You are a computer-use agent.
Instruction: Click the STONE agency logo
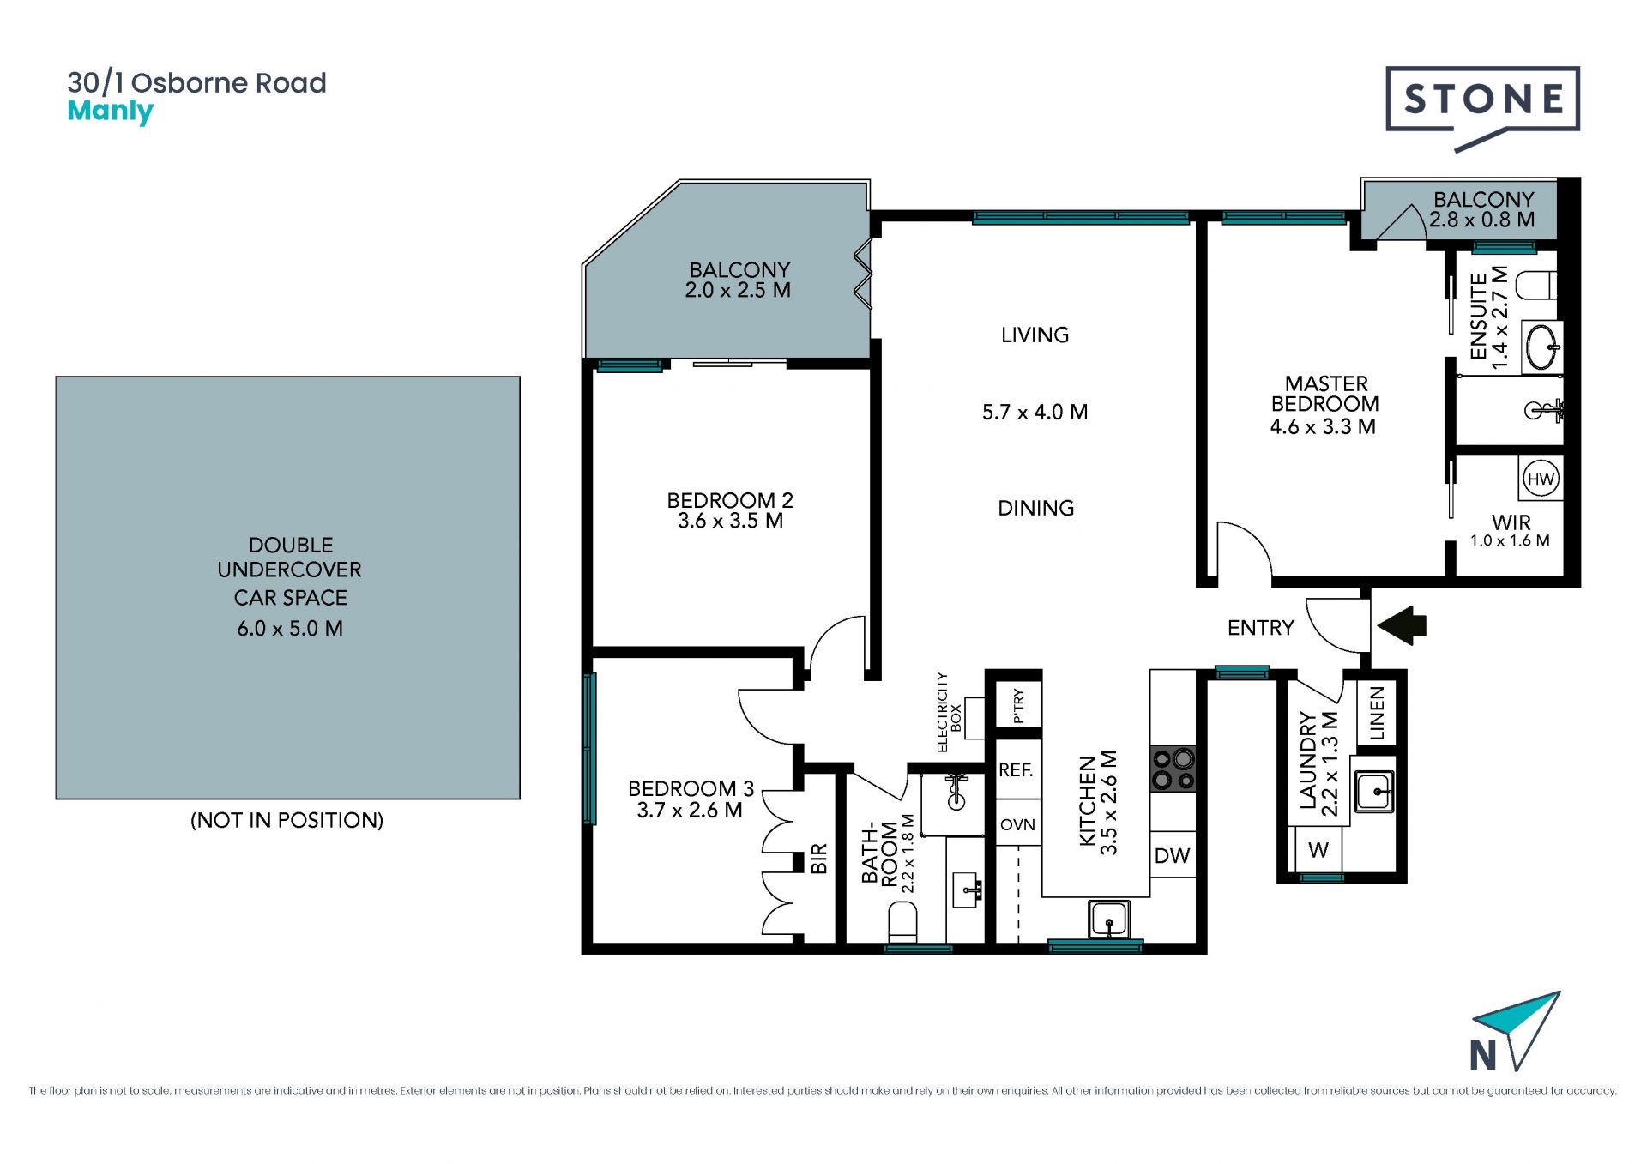coord(1482,108)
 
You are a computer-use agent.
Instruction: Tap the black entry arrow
coord(1402,625)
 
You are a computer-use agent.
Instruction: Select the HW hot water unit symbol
coord(1541,479)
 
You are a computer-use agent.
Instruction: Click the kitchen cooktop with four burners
coord(1173,769)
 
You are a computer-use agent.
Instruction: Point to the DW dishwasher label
coord(1172,855)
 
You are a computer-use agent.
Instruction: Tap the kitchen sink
coord(1108,920)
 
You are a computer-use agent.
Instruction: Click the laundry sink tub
coord(1374,790)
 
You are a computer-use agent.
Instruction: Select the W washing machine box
coord(1318,850)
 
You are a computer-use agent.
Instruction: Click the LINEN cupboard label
coord(1377,713)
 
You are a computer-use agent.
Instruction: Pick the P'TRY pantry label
coord(1018,705)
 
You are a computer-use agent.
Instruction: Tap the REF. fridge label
coord(1016,770)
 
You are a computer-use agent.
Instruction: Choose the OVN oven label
coord(1017,824)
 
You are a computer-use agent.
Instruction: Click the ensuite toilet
coord(1535,284)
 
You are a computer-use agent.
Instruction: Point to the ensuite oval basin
coord(1542,347)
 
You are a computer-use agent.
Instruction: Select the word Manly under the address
coord(110,112)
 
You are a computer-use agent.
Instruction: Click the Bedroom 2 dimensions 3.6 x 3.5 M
coord(730,521)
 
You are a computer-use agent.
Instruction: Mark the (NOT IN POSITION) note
coord(287,820)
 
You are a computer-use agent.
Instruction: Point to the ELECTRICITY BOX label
coord(949,712)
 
